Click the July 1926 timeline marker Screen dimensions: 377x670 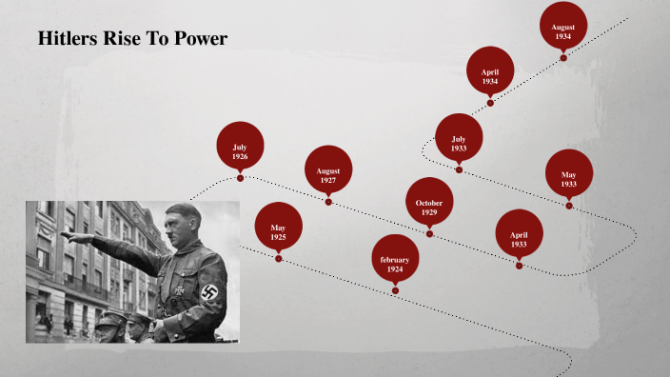point(240,146)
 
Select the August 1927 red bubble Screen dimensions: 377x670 point(328,171)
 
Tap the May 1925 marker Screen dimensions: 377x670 point(279,227)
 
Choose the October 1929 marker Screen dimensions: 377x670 point(429,202)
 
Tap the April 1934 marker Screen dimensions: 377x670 point(490,71)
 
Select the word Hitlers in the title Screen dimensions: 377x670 point(70,39)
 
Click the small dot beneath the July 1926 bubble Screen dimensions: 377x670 point(240,177)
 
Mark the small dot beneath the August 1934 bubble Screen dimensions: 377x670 point(563,57)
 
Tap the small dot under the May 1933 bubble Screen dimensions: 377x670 point(569,205)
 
